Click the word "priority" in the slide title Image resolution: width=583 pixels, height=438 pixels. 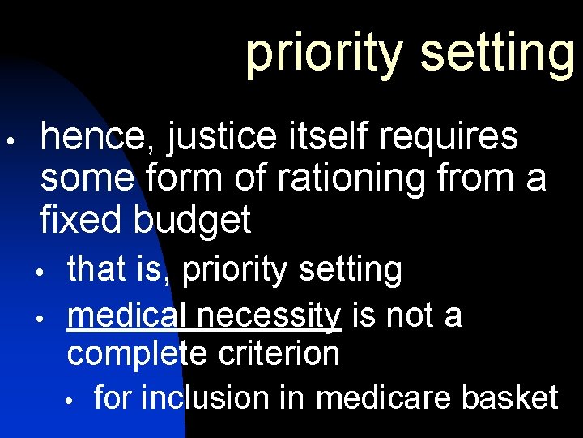coord(323,52)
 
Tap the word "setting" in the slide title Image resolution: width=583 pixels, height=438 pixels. coord(495,52)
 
